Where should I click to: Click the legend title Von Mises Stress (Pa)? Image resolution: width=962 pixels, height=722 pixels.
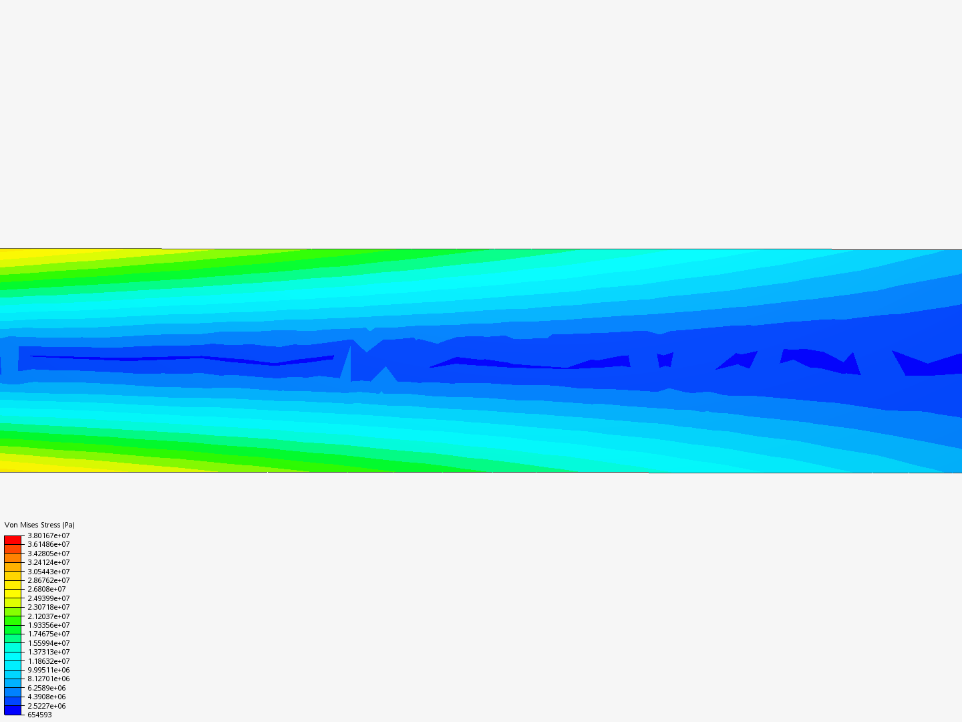[39, 525]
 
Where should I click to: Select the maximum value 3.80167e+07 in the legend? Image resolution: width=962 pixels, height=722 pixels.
[49, 535]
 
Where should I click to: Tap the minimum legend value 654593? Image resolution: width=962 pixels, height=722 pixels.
[39, 715]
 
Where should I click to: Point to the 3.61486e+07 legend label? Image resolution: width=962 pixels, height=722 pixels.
[49, 544]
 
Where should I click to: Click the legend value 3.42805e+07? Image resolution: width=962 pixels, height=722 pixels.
[49, 554]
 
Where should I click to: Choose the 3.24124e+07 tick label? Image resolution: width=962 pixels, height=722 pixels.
[49, 562]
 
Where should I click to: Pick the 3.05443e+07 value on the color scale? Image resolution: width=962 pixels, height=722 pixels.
[49, 572]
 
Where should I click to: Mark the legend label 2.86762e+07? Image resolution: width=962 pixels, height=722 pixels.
[49, 580]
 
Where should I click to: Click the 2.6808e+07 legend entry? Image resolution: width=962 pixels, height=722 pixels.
[47, 589]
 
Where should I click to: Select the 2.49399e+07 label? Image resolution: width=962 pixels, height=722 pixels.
[49, 598]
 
